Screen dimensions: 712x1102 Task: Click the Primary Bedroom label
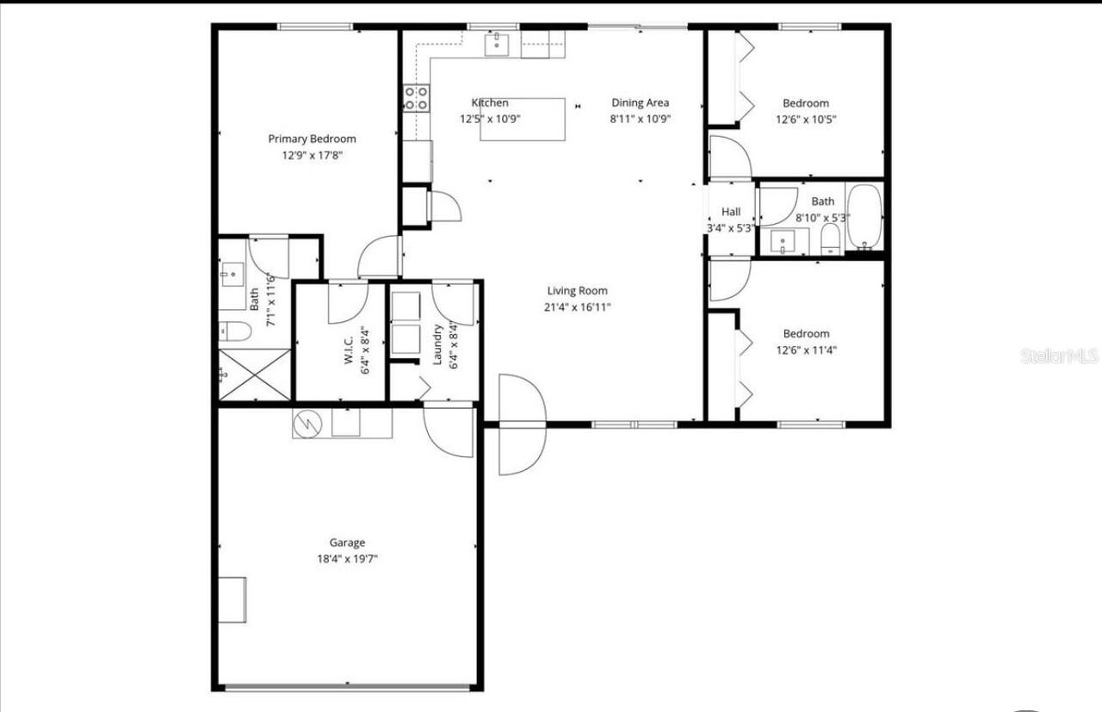pos(312,139)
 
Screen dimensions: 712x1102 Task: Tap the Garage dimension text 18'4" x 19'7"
pos(347,559)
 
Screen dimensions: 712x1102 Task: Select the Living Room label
pos(577,291)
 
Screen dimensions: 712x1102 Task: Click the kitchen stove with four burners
pos(417,97)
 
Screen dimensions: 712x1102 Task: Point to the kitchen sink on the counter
pos(497,44)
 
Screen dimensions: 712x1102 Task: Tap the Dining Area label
pos(640,103)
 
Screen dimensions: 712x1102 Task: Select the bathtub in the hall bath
pos(863,218)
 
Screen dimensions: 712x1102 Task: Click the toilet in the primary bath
pos(233,331)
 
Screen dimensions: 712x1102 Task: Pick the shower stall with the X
pos(255,375)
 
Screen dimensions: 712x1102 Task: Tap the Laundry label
pos(437,344)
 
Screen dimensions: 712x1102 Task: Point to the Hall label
pos(731,212)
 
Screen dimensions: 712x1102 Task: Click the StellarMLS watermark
pos(1059,356)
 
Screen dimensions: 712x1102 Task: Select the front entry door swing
pos(522,424)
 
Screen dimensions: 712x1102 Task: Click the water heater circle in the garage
pos(306,424)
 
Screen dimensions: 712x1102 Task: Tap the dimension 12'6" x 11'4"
pos(806,350)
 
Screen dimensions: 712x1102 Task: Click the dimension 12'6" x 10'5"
pos(806,120)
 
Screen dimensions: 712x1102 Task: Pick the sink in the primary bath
pos(231,278)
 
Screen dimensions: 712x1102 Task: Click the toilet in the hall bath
pos(830,238)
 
